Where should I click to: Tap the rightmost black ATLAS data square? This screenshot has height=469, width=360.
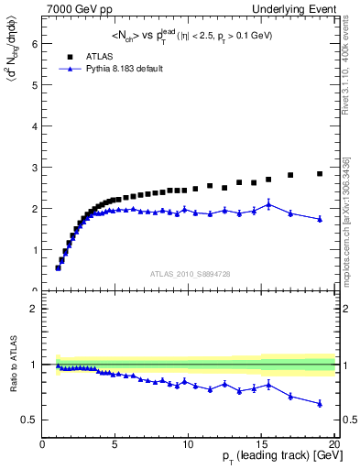320,173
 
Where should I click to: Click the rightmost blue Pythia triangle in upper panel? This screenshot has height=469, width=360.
320,219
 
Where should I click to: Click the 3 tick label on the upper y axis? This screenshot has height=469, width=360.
35,167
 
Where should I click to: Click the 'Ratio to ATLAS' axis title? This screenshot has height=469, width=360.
12,364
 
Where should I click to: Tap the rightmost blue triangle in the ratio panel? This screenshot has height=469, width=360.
320,403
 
